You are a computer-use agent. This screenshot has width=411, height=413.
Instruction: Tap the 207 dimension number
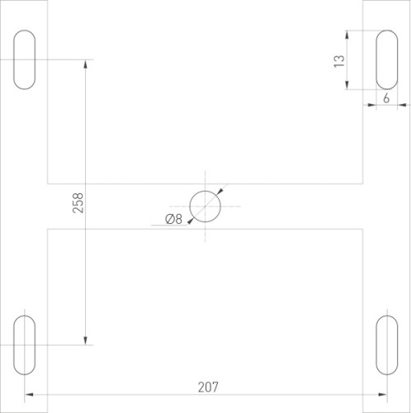(207, 385)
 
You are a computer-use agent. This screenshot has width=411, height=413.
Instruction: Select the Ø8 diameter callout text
(173, 219)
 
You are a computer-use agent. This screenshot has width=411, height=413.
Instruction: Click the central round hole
(205, 205)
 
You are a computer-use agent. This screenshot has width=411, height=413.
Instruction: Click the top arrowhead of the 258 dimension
(85, 64)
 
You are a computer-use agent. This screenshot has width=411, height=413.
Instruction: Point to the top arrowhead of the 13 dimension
(351, 35)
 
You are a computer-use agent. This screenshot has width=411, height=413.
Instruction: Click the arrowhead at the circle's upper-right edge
(219, 191)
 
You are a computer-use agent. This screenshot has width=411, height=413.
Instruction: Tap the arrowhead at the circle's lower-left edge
(191, 219)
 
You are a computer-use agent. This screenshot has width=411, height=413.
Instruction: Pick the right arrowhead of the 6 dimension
(402, 105)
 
